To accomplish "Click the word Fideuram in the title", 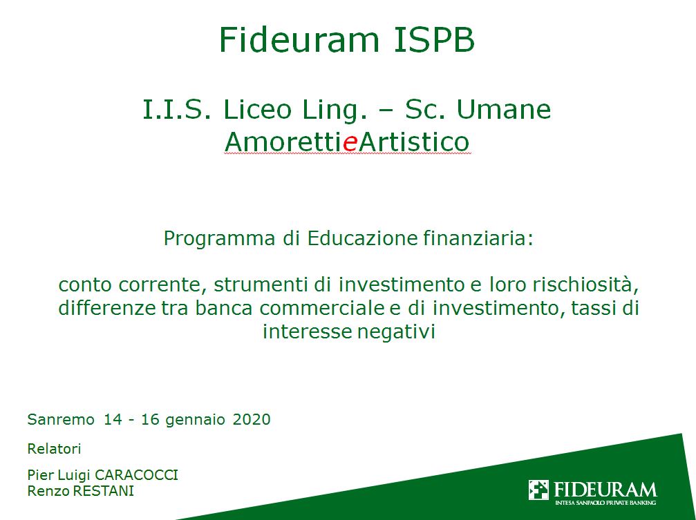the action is (x=299, y=40).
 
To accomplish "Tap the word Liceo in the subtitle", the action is (x=257, y=109).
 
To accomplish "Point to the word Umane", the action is (x=504, y=109).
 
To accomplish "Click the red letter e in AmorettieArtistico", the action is (x=350, y=143).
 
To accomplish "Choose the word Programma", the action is (x=220, y=239).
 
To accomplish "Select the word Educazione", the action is (x=362, y=238).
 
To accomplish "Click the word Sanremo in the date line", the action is (x=61, y=419).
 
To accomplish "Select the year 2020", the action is (x=252, y=419).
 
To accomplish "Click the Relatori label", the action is (x=54, y=449).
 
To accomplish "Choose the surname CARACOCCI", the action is (x=136, y=475).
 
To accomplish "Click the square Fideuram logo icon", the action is (x=538, y=490).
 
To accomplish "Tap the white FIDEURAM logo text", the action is (x=605, y=490).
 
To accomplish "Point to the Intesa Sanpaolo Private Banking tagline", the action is (x=605, y=503).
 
